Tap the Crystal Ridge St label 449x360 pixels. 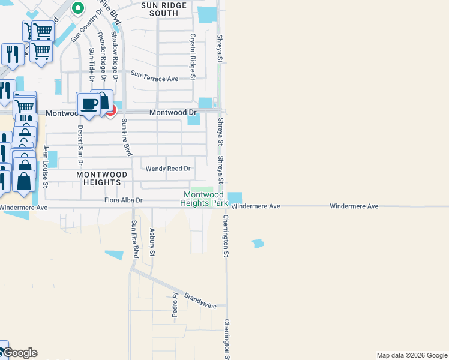click(193, 56)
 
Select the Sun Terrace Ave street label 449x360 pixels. click(155, 78)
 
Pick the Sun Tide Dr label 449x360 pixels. click(92, 64)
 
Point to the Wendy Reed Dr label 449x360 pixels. click(167, 169)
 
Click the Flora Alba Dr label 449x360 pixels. click(123, 200)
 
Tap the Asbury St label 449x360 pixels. click(152, 242)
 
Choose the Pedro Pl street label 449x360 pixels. click(175, 305)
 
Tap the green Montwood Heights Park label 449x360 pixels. click(203, 199)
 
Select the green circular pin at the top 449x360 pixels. click(77, 8)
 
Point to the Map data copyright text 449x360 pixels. click(411, 355)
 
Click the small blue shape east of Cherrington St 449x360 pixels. click(258, 244)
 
